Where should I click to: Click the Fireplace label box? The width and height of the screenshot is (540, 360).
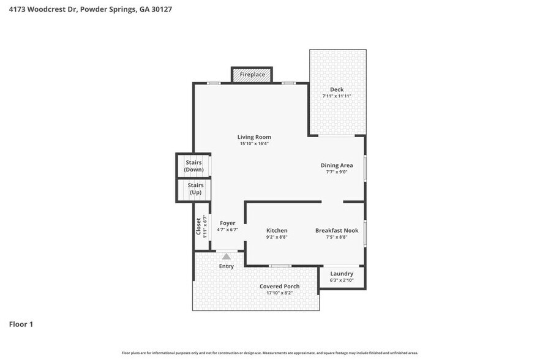click(x=252, y=75)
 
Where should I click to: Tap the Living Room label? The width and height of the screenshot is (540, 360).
click(x=254, y=137)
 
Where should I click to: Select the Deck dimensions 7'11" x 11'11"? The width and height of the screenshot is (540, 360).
click(x=337, y=96)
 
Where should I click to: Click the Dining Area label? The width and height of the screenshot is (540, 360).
click(x=337, y=165)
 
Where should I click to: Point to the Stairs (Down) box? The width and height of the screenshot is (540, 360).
click(x=194, y=166)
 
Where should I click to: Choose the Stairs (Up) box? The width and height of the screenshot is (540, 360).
click(x=195, y=189)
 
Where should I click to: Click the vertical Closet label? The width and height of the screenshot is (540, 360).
click(x=198, y=227)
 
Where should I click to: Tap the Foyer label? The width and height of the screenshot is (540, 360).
click(x=227, y=223)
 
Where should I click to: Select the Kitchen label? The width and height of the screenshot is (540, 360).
click(x=277, y=230)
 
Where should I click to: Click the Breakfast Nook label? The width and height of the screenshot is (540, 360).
click(x=336, y=230)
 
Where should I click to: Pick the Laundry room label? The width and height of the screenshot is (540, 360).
click(x=342, y=274)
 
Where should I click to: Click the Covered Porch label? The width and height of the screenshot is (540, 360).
click(x=279, y=287)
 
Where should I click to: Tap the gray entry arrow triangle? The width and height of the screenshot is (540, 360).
click(x=227, y=257)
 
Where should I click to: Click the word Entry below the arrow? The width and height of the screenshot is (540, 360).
click(x=227, y=266)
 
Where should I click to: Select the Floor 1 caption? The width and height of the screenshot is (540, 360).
click(x=21, y=324)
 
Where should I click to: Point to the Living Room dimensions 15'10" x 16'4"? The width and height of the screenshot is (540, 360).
click(x=254, y=143)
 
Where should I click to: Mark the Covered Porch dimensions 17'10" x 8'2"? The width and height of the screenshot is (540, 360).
click(x=279, y=293)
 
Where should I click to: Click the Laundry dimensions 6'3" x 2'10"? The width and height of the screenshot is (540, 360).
click(x=342, y=280)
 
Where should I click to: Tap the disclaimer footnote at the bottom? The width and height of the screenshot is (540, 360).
click(x=270, y=353)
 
